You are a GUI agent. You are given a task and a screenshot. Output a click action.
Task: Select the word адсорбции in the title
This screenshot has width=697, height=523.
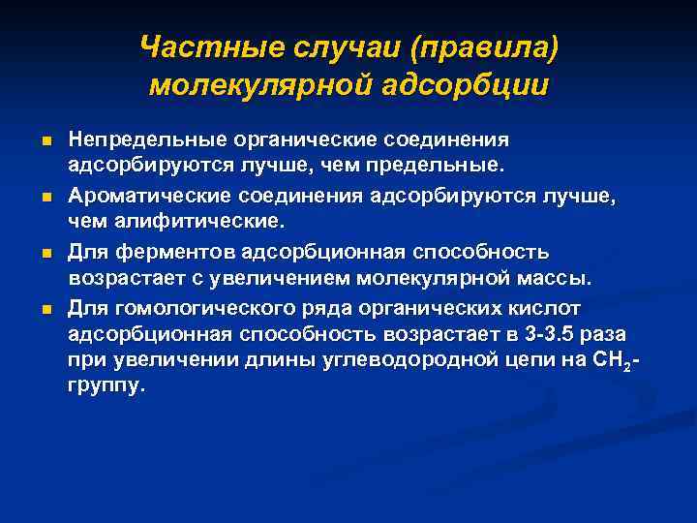pos(468,85)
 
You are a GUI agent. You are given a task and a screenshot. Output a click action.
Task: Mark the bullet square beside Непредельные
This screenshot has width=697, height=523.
pos(45,142)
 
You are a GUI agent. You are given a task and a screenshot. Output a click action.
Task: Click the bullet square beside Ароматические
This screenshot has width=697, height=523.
pos(45,199)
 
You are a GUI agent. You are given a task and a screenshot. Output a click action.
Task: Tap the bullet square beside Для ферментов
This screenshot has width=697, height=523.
pos(45,255)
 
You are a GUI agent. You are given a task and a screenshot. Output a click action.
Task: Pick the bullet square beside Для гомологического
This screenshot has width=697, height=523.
pos(45,311)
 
